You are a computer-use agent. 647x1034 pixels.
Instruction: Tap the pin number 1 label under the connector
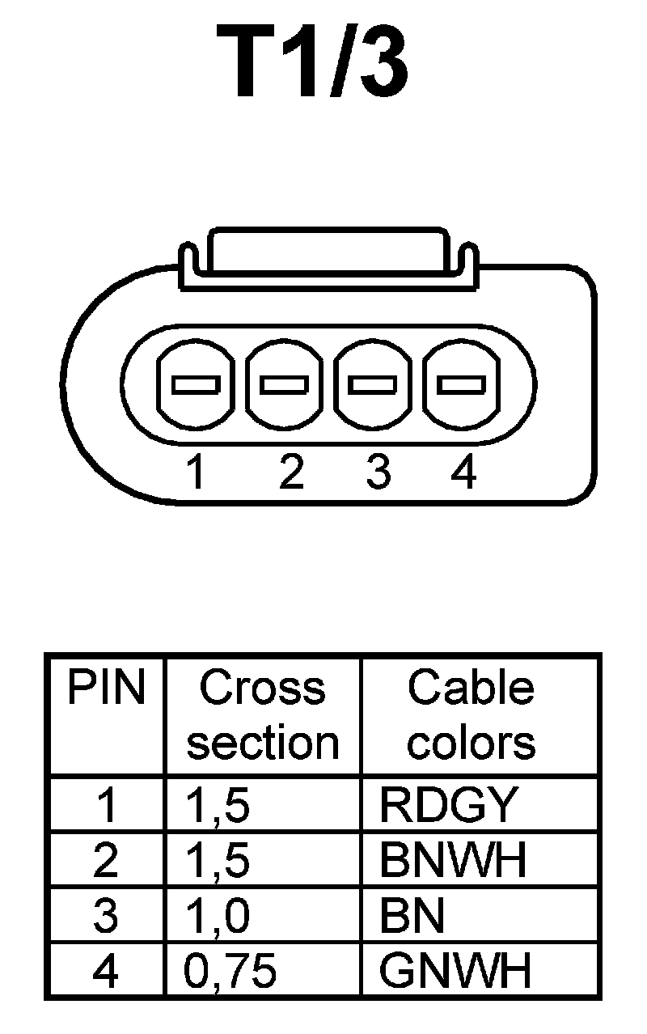(195, 472)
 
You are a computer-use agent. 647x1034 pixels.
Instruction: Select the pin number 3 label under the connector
(377, 472)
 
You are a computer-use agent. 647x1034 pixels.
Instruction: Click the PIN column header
(106, 689)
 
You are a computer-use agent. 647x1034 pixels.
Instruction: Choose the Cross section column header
(263, 715)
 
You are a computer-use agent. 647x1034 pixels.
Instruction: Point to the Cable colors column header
(472, 715)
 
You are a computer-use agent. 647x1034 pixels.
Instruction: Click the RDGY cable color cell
(447, 805)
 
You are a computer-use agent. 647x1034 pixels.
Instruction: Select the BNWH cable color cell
(453, 860)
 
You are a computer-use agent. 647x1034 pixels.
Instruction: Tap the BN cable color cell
(412, 915)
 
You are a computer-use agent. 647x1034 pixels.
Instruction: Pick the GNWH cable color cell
(455, 970)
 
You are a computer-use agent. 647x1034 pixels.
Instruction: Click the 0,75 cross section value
(230, 970)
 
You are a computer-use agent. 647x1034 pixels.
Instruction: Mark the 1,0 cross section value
(218, 915)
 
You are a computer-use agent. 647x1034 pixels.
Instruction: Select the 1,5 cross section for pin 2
(218, 860)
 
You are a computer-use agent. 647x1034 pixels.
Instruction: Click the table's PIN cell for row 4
(106, 970)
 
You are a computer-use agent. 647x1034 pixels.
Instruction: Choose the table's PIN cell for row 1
(106, 805)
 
